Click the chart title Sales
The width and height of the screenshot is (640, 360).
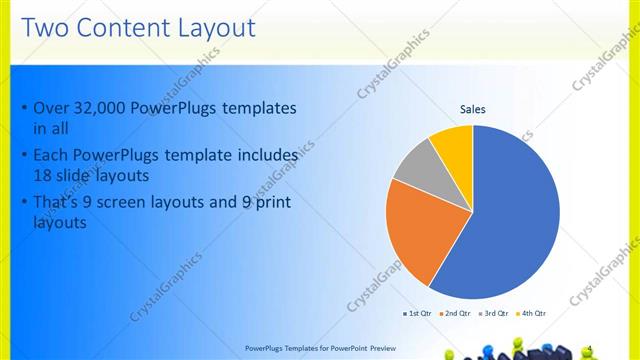[x=472, y=110]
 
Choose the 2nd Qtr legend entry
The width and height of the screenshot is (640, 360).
[x=455, y=313]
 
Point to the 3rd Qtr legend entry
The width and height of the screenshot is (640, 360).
[x=494, y=313]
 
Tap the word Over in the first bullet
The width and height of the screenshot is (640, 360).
[x=50, y=108]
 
